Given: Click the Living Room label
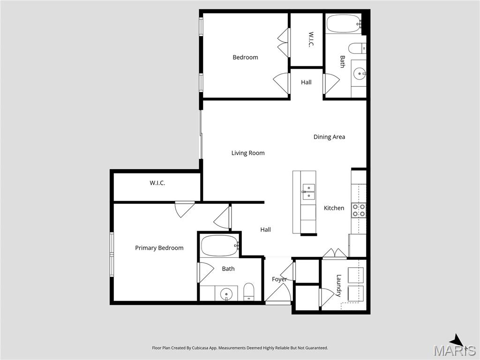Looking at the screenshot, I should click(x=247, y=153).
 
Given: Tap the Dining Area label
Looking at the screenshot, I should click(x=329, y=137).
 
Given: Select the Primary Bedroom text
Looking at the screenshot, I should click(x=159, y=248).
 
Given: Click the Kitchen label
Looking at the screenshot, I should click(x=334, y=208).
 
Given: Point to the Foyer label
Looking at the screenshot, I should click(x=279, y=279).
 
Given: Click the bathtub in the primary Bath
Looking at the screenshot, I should click(x=220, y=245).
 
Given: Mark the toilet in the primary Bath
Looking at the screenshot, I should click(x=249, y=291).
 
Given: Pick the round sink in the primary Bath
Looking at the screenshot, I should click(x=226, y=294).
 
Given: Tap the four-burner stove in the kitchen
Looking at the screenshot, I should click(x=359, y=210).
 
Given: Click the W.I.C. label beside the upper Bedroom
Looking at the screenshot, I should click(x=311, y=39).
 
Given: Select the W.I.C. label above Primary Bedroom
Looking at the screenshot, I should click(x=157, y=183).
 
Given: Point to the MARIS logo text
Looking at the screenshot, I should click(x=454, y=350).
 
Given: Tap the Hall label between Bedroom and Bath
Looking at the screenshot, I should click(x=306, y=82).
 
